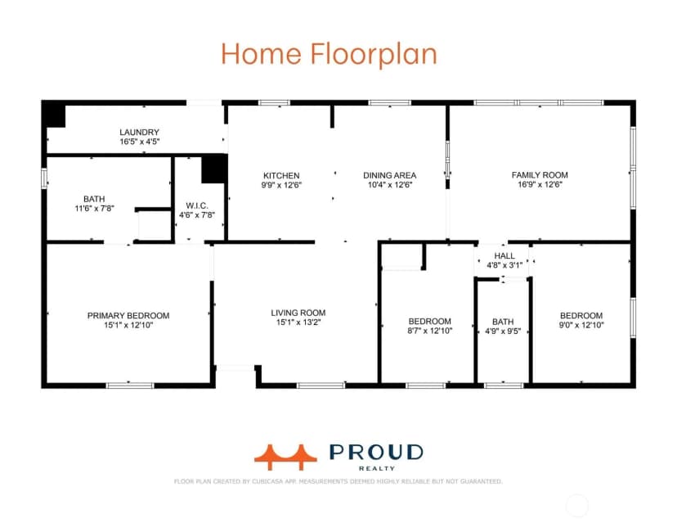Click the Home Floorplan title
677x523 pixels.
[329, 53]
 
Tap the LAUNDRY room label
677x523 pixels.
[140, 133]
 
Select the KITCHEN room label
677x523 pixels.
[281, 175]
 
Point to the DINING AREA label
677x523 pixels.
[389, 175]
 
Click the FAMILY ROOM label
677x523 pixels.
[540, 175]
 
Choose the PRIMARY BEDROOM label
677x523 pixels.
[128, 316]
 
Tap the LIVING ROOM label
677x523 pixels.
[298, 313]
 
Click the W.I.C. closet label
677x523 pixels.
[197, 205]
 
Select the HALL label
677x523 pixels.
[504, 256]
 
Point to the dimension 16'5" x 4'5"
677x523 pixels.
[140, 142]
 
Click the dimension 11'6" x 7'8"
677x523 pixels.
[95, 209]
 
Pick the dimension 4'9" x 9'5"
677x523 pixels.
[503, 331]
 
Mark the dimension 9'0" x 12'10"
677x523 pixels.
[581, 325]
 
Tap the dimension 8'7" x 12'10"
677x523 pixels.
[429, 331]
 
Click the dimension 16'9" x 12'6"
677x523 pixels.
[540, 184]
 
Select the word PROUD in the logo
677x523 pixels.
[376, 452]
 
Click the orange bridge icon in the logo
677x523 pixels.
[285, 457]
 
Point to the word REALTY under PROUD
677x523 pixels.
[377, 468]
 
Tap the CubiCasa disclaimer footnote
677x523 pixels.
[338, 481]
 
